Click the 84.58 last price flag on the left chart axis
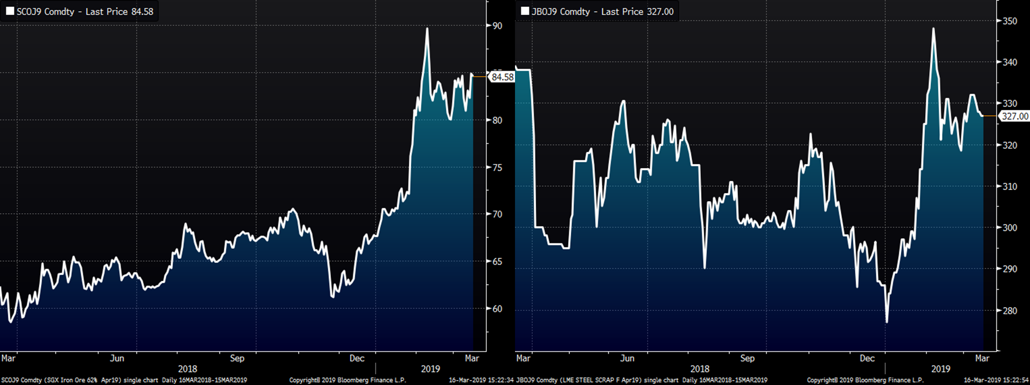(x=502, y=77)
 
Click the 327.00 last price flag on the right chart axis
(x=1015, y=116)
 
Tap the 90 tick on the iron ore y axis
(x=497, y=26)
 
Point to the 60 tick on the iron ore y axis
(x=497, y=309)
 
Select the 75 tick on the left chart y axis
(x=497, y=168)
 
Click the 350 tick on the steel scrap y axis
(x=1010, y=21)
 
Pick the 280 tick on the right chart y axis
(x=1010, y=311)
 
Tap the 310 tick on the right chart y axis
(x=1010, y=186)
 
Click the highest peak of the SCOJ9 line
(x=427, y=29)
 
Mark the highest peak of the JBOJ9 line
(x=934, y=29)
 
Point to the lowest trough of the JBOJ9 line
(x=887, y=322)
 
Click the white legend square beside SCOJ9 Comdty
(x=10, y=11)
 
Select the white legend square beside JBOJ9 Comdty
(x=525, y=11)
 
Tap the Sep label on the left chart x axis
(x=237, y=358)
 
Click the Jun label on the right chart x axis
(x=627, y=358)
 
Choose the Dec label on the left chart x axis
(x=357, y=358)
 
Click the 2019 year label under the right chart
(x=941, y=369)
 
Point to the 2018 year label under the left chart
(x=188, y=369)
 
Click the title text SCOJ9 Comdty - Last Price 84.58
(x=85, y=12)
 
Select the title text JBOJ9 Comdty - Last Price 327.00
(x=602, y=12)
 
